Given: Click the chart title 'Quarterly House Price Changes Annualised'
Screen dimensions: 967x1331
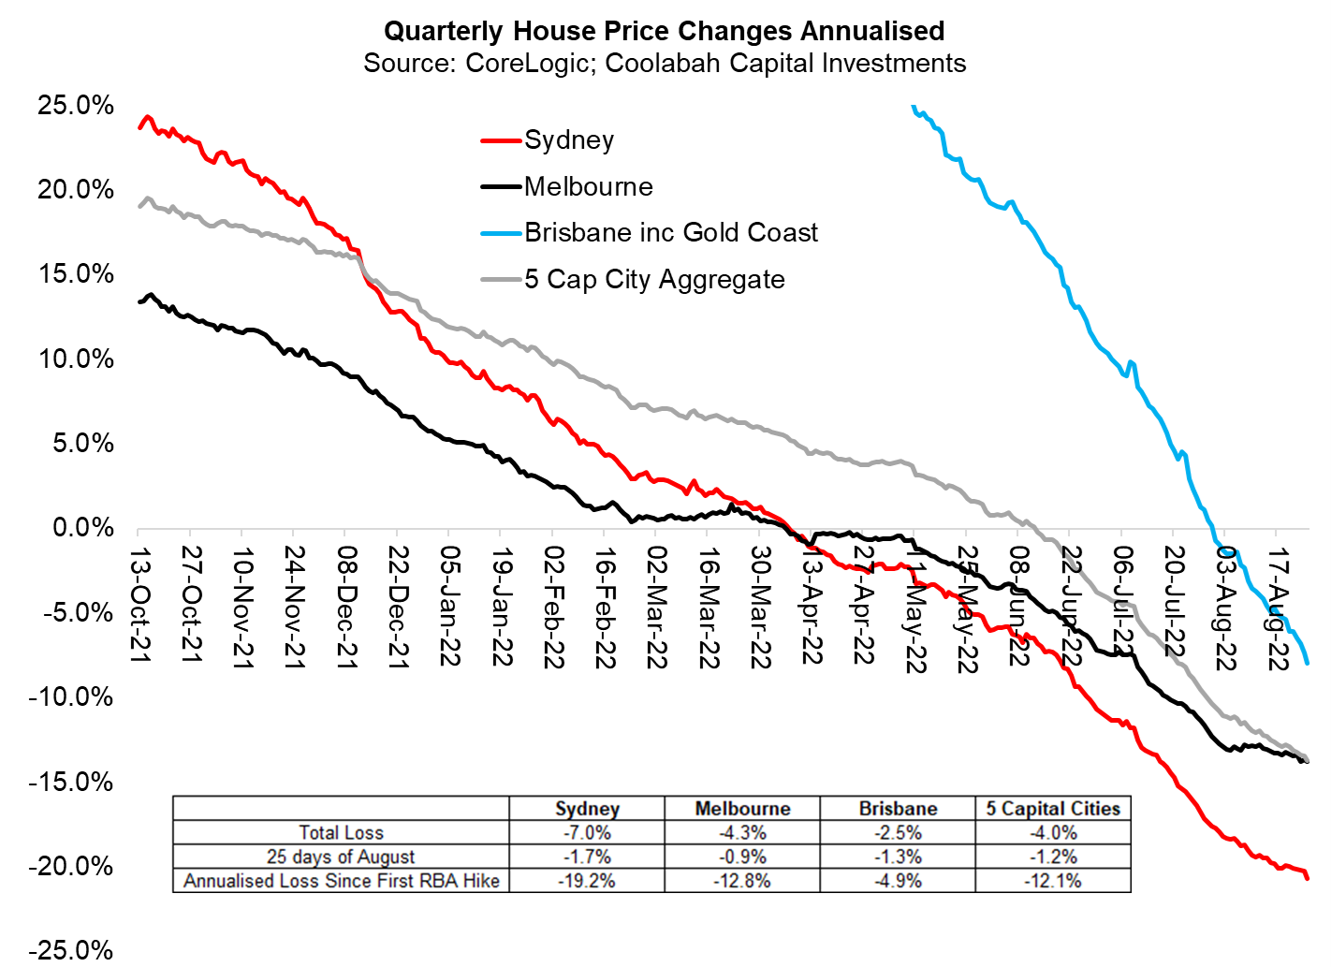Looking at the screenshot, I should pyautogui.click(x=664, y=31).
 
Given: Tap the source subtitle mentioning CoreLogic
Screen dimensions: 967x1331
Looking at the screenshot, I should pyautogui.click(x=664, y=64).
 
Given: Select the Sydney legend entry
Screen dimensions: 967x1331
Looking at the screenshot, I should pyautogui.click(x=568, y=140).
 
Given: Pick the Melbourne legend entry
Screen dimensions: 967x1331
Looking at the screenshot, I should pyautogui.click(x=588, y=186).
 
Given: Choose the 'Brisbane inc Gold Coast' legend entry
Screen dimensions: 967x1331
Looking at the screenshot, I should pyautogui.click(x=670, y=232).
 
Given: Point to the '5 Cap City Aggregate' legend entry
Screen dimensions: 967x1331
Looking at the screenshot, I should pyautogui.click(x=653, y=279).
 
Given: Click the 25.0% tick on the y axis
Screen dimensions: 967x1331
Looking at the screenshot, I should pyautogui.click(x=76, y=105).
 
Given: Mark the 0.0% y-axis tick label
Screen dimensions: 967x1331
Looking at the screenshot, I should pyautogui.click(x=82, y=528).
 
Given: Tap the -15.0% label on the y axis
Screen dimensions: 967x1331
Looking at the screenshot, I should pyautogui.click(x=71, y=782).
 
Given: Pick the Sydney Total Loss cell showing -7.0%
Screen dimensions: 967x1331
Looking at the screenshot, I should pyautogui.click(x=587, y=832).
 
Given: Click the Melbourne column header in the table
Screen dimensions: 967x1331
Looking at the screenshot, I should pyautogui.click(x=742, y=809).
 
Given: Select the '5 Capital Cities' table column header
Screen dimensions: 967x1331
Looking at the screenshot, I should pyautogui.click(x=1053, y=809).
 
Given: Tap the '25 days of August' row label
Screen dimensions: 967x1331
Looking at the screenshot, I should pyautogui.click(x=341, y=857).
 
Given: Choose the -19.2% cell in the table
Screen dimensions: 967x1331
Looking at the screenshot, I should pyautogui.click(x=587, y=881).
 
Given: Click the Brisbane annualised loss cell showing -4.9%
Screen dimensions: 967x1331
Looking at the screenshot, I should pyautogui.click(x=898, y=881).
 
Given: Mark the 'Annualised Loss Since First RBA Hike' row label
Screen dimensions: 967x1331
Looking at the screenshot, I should pyautogui.click(x=341, y=881).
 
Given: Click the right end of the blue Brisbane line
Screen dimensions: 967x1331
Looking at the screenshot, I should pyautogui.click(x=1307, y=663).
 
